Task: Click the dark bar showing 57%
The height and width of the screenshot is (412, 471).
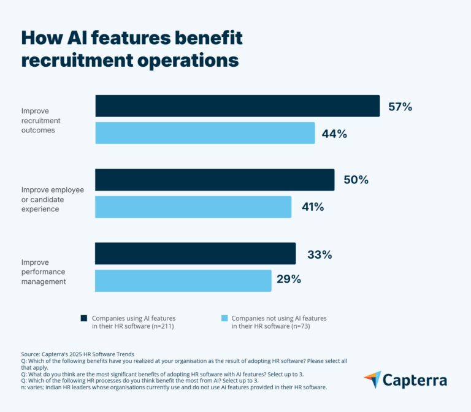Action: [237, 106]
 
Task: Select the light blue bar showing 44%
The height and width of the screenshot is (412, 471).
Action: [205, 133]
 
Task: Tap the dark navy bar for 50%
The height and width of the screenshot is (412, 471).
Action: [215, 180]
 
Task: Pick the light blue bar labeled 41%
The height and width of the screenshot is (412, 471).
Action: [193, 207]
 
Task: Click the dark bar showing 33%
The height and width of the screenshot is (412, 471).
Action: [195, 254]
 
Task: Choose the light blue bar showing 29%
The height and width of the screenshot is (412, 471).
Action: [183, 280]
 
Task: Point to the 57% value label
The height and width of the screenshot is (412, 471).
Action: [400, 107]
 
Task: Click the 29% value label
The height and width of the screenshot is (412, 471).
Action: [288, 280]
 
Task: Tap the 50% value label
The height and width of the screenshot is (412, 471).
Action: [356, 180]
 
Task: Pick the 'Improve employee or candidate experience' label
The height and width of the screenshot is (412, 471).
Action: [52, 199]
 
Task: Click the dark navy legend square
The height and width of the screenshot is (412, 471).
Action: [84, 319]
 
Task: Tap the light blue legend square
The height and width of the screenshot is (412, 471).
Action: [224, 319]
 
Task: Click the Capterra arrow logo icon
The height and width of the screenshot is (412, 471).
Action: [372, 380]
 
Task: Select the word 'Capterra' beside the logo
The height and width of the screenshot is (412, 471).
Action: [415, 381]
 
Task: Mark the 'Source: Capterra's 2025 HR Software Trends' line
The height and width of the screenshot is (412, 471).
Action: [77, 355]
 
